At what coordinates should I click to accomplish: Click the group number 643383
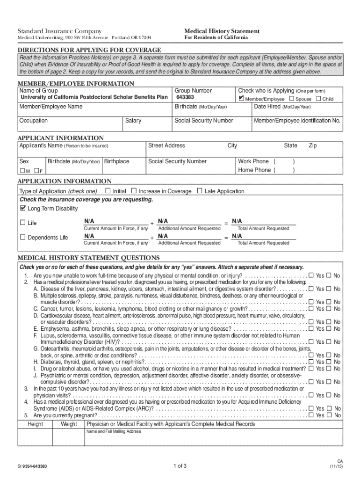tap(186, 98)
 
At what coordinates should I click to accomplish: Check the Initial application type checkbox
tap(108, 191)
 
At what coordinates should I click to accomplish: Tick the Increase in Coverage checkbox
tap(134, 191)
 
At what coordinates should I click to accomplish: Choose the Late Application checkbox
tap(200, 191)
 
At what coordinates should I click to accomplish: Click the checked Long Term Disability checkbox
tap(22, 208)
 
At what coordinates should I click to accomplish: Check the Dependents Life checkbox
tap(22, 238)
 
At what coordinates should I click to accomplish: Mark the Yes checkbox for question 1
tap(311, 276)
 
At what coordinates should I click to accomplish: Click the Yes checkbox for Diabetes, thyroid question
tap(311, 362)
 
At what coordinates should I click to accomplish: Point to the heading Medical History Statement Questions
tap(89, 258)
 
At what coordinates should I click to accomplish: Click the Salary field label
tap(133, 121)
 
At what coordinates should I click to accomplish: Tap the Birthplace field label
tap(117, 161)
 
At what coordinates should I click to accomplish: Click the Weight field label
tap(69, 424)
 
